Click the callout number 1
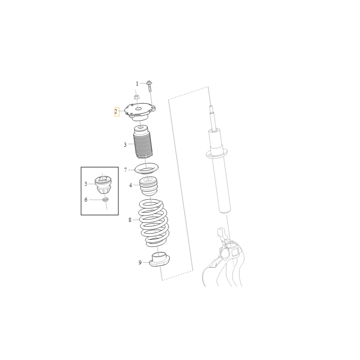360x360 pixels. coord(137,84)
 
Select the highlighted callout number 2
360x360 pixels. coord(116,112)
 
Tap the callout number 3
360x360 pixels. coord(125,144)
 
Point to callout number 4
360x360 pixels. coord(130,185)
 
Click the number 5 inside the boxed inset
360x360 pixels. coord(86,184)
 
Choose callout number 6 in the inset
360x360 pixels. coord(86,200)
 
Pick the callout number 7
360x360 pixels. coord(126,170)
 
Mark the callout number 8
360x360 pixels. coord(130,220)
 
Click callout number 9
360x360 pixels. coord(140,263)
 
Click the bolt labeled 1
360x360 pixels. coord(149,86)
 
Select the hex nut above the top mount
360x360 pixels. coord(136,97)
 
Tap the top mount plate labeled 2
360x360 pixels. coord(140,112)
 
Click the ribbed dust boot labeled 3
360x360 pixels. coord(143,142)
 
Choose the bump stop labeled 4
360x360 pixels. coord(148,186)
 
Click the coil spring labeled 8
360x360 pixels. coord(153,223)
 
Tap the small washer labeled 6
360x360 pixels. coord(105,199)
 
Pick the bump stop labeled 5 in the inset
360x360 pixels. coord(103,185)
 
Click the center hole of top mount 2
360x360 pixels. coord(138,109)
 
